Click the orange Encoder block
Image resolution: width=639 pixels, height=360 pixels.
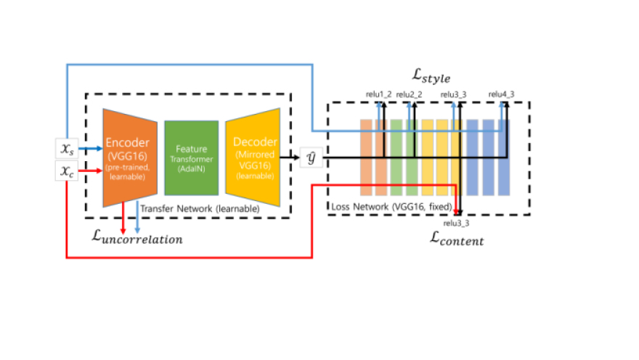coord(130,158)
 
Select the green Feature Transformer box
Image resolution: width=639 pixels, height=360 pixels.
coord(192,158)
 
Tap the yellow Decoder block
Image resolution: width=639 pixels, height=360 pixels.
coord(253,157)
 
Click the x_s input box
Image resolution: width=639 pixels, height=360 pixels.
coord(67,149)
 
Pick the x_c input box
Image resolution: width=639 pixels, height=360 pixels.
coord(67,171)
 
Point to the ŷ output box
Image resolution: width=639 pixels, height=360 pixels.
coord(312,157)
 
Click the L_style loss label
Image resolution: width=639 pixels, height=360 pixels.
coord(431,75)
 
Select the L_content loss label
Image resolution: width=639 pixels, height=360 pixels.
coord(457,239)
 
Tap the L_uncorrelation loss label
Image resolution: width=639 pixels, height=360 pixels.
coord(137,237)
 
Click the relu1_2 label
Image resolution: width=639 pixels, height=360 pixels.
coord(378,94)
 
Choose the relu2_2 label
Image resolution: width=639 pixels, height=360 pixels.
coord(409,94)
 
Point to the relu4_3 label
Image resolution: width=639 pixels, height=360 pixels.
coord(501,94)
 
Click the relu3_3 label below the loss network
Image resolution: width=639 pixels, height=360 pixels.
coord(456,223)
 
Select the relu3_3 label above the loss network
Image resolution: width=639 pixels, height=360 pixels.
coord(453,94)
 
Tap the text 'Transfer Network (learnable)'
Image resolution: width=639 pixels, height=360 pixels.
coord(200,208)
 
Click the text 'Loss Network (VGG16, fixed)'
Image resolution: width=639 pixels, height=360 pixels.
coord(391,207)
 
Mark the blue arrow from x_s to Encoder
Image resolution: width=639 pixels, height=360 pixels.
coord(91,149)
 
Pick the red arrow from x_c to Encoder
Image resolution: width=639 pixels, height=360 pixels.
coord(91,171)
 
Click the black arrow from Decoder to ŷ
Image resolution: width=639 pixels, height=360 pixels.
coord(290,157)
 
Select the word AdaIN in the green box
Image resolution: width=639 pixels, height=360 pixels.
coord(192,168)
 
